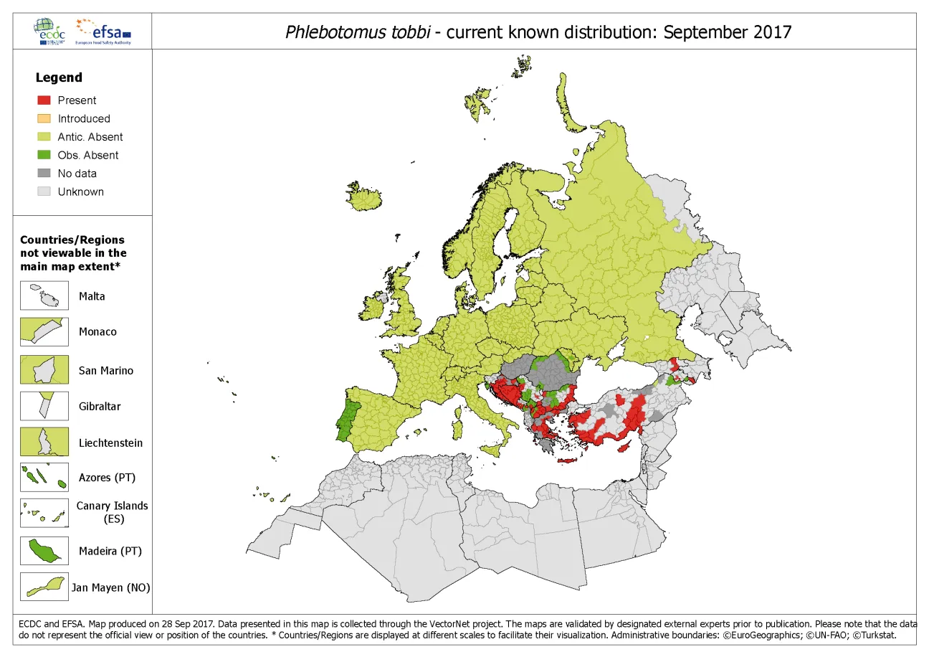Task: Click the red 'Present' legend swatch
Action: pos(44,100)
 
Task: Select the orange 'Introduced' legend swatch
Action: pos(44,118)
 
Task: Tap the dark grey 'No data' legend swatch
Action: pos(44,173)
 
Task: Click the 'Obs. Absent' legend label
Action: pos(87,155)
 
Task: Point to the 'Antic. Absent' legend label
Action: pos(90,137)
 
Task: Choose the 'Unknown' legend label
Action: pos(80,192)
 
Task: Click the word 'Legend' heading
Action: pos(59,77)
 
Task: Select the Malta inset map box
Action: pos(44,296)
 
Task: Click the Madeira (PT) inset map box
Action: pos(44,551)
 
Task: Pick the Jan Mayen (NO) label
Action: pos(110,587)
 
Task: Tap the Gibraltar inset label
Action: pos(100,406)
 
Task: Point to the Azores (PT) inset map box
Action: pos(44,477)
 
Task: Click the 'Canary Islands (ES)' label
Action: pos(112,511)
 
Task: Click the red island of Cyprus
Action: pos(626,447)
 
